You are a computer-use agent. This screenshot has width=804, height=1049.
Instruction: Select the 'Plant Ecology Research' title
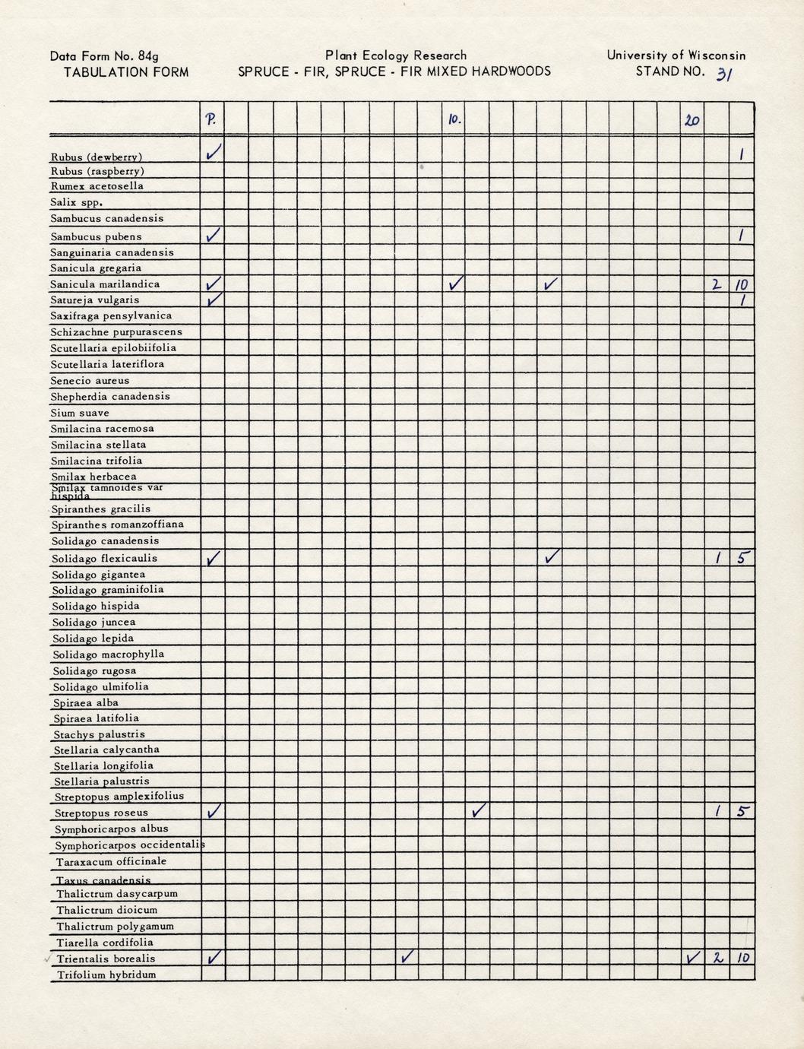(x=395, y=55)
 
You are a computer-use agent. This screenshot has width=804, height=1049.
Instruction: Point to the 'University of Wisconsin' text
(x=676, y=55)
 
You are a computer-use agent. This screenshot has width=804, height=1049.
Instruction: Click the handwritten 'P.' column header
(x=211, y=119)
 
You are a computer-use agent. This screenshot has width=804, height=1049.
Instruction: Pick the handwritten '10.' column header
(x=454, y=119)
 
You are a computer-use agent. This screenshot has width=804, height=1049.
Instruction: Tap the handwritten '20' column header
(x=692, y=120)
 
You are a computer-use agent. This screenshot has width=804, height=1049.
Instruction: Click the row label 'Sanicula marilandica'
(x=105, y=284)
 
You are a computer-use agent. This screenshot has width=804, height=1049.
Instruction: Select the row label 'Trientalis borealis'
(x=106, y=959)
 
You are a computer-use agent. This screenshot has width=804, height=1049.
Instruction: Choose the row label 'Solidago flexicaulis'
(x=105, y=558)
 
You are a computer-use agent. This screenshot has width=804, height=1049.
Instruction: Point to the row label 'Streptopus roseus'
(x=102, y=813)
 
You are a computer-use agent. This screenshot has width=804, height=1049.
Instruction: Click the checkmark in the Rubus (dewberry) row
(x=214, y=153)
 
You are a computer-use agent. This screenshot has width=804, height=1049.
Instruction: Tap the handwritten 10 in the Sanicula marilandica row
(x=742, y=285)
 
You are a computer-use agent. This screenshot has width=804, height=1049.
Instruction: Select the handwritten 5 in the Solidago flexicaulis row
(x=743, y=557)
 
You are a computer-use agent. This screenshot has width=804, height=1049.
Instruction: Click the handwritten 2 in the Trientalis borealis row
(x=717, y=958)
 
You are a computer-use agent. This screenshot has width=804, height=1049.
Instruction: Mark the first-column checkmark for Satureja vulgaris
(x=214, y=299)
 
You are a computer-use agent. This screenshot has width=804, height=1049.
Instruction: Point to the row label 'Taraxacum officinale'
(x=111, y=861)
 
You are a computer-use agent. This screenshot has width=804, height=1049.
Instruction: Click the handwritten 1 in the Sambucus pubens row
(x=741, y=236)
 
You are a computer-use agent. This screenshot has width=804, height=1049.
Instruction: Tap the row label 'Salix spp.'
(x=76, y=202)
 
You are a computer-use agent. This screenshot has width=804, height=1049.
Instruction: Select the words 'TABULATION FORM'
(x=126, y=72)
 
